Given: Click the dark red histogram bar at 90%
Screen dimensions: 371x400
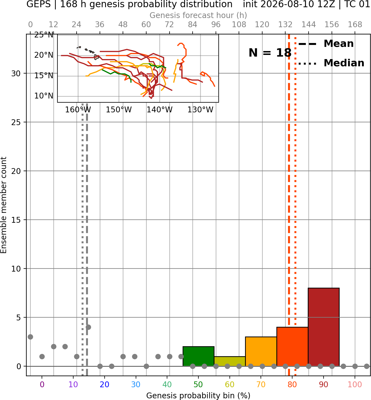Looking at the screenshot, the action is point(324,327).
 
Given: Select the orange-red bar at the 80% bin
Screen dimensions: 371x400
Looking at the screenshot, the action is point(292,347).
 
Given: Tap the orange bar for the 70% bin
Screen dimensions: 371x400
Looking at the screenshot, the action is point(261,351).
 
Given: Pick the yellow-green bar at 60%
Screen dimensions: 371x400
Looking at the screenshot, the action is point(229,361).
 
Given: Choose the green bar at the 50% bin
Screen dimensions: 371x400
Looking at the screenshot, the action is point(198,356).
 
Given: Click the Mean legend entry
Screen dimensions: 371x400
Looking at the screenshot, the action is point(326,44).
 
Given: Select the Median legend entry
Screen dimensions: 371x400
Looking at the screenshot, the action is point(331,63).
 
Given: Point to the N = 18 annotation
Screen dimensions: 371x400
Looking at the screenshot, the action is point(270,53).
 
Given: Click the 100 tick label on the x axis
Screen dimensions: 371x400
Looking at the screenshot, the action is point(355,384).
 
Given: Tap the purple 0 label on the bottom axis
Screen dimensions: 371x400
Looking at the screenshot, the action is point(42,384).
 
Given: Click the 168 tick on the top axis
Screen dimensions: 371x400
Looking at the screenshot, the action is point(355,25).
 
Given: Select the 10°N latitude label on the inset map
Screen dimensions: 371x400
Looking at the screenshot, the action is point(44,96).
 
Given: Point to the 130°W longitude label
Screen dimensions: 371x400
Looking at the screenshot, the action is point(200,110).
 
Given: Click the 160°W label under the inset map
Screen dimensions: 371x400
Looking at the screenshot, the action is point(78,110).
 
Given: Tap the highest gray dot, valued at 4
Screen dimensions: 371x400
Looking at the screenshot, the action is point(88,327).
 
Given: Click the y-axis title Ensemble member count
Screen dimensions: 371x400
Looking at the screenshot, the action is point(3,205).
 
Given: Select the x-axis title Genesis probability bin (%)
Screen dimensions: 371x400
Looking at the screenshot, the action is point(198,396).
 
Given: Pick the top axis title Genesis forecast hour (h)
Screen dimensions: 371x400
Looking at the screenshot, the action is point(198,15).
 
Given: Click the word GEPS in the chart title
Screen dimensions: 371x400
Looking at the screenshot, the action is point(39,4).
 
